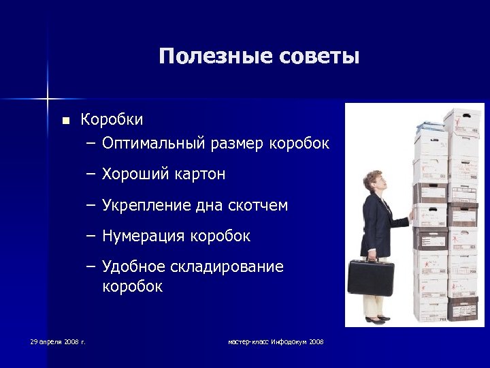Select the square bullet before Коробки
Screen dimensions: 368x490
[x=65, y=121]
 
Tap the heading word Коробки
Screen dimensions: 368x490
[x=112, y=120]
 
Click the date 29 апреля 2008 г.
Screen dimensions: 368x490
[x=57, y=341]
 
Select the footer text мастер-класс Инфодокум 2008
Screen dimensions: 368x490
[x=276, y=341]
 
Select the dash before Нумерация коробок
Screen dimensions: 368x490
[x=92, y=236]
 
